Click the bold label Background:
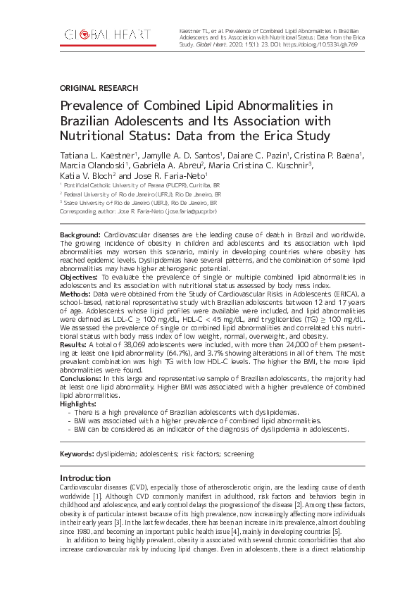pos(80,233)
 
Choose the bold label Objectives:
pos(80,278)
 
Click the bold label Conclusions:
pos(82,379)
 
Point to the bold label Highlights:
pos(78,403)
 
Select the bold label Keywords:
pos(77,454)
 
